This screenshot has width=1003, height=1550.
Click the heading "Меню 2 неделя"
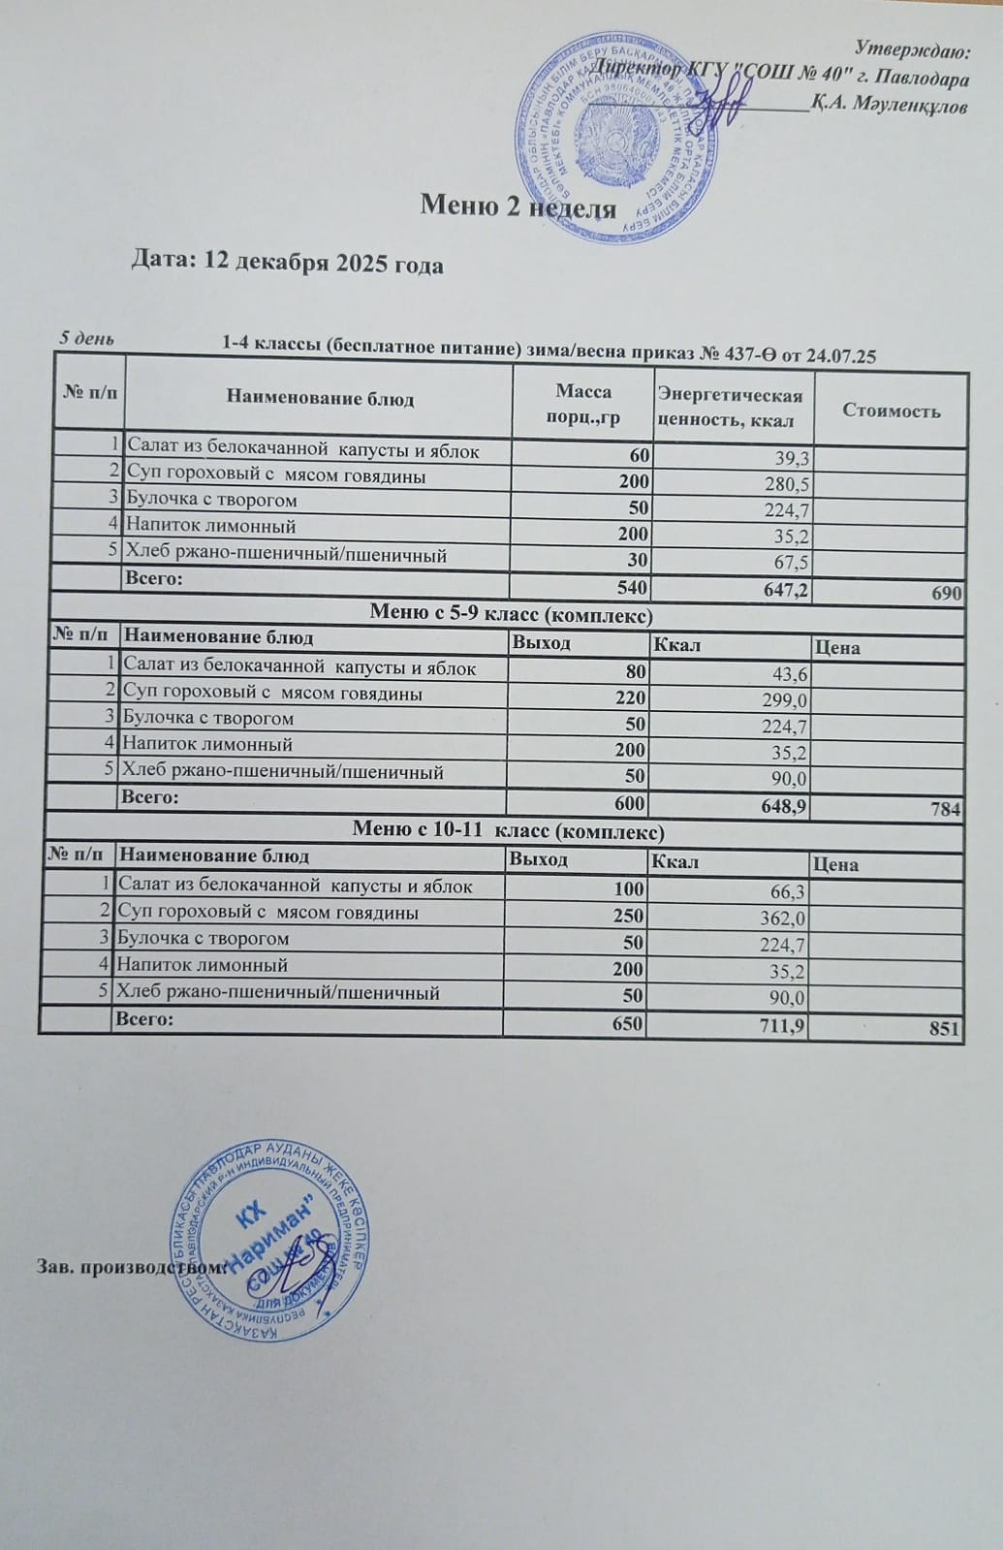518,206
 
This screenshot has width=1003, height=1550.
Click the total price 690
946,593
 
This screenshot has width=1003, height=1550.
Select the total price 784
945,808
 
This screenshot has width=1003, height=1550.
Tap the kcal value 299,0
789,699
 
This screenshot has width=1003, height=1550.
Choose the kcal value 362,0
787,918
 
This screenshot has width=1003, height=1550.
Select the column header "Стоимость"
891,411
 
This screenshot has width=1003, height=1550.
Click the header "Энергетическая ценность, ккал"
730,408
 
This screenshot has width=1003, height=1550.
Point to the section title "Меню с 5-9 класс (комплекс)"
511,614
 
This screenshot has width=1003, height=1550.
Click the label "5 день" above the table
87,338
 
